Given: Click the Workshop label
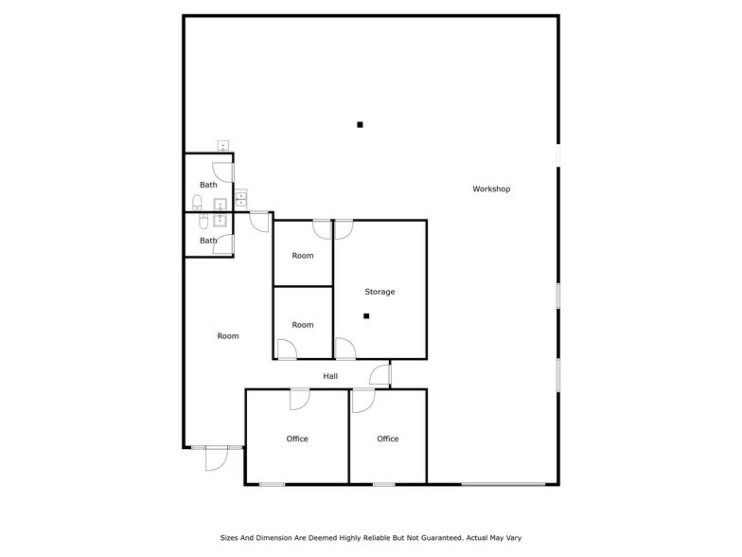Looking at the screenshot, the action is coord(491,189).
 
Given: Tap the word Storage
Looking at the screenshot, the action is coord(380,292).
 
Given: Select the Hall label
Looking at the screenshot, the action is coord(330,376).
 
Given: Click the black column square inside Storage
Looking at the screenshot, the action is coord(366,316).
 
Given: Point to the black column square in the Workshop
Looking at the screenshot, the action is coord(360,125).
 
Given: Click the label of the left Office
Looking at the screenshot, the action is coord(297,439).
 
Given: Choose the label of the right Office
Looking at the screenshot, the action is coord(388,439).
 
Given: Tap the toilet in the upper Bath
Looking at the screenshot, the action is coord(197,203).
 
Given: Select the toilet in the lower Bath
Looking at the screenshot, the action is coord(203,222).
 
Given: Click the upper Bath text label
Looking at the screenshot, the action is coord(208,185).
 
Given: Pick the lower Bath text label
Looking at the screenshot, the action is coord(208,241).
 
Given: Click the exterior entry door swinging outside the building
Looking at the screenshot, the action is coord(217,458).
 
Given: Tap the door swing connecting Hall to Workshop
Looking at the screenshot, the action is coord(380,375).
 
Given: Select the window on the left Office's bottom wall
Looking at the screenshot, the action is coord(273,485).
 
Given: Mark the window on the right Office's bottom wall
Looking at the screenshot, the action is coord(384,485).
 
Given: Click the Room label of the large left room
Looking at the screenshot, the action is coord(228,335).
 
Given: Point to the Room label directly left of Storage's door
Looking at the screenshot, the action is coord(303,325).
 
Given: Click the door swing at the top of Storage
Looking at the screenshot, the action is coord(344,229).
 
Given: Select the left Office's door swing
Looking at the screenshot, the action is coord(299,400).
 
